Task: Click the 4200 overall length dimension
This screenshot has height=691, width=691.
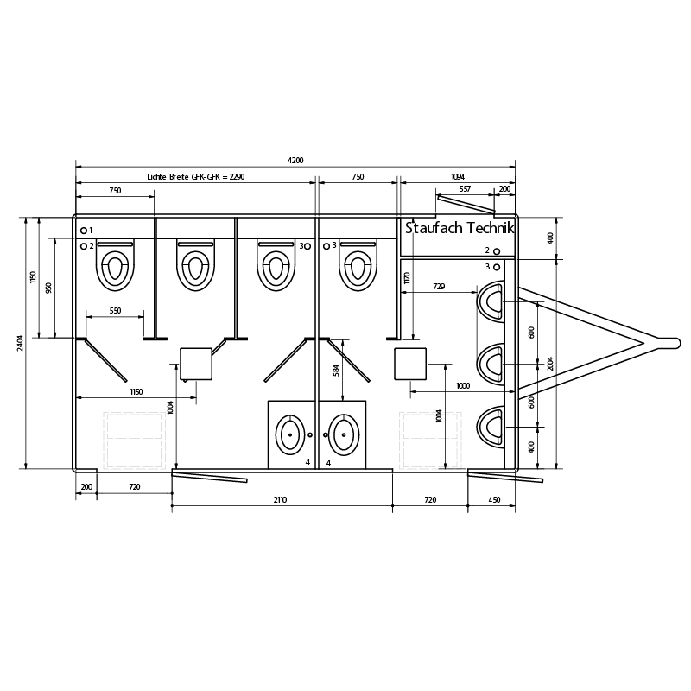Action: pyautogui.click(x=295, y=161)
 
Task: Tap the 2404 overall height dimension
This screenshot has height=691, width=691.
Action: pyautogui.click(x=20, y=343)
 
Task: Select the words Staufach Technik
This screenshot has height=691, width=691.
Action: pyautogui.click(x=460, y=228)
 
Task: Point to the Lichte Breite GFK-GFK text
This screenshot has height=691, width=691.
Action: pyautogui.click(x=183, y=177)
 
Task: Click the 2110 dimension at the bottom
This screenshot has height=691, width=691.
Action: pyautogui.click(x=280, y=500)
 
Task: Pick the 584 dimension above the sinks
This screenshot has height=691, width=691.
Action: pyautogui.click(x=337, y=370)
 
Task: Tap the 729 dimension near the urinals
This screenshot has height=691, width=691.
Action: pyautogui.click(x=439, y=287)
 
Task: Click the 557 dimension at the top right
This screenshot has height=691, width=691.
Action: pyautogui.click(x=465, y=189)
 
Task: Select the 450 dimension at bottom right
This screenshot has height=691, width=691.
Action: pyautogui.click(x=494, y=500)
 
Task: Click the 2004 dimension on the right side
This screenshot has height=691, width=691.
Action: pyautogui.click(x=550, y=364)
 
